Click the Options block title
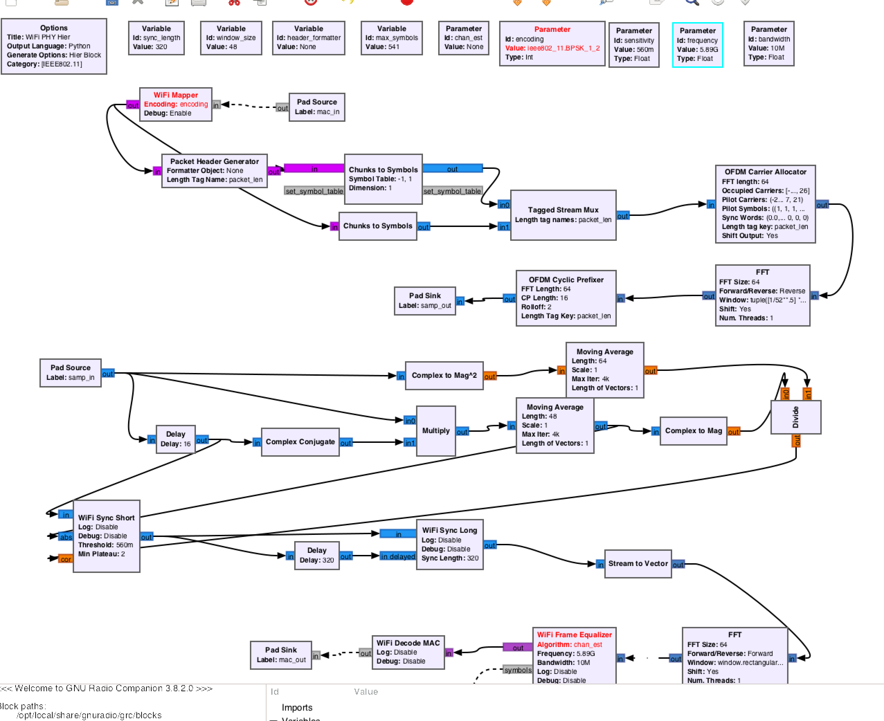54,28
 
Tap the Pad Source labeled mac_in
317,107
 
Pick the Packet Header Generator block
214,171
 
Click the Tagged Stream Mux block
562,215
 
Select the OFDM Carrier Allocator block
765,204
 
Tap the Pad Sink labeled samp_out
425,301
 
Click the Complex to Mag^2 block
444,375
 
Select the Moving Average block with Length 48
554,425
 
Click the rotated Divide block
795,417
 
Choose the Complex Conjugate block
300,442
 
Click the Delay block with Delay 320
317,555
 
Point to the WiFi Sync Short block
106,536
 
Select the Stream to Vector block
638,564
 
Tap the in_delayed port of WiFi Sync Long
398,557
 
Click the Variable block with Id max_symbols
391,38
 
